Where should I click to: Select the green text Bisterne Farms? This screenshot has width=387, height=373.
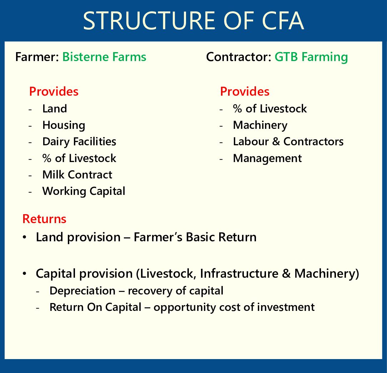click(104, 57)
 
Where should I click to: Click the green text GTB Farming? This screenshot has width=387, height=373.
click(311, 57)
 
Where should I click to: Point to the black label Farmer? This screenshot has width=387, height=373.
click(37, 57)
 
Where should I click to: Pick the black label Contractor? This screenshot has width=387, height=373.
click(239, 57)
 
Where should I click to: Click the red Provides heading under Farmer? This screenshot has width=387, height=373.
click(54, 91)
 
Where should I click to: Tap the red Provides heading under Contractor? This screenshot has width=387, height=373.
click(245, 91)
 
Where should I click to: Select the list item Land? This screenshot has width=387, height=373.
click(55, 109)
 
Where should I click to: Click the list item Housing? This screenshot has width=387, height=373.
click(64, 125)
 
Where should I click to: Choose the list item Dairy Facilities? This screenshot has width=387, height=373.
click(79, 142)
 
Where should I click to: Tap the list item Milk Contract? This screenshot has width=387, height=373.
click(77, 175)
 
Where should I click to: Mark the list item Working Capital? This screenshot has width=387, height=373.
click(84, 191)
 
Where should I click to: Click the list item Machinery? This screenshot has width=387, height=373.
click(260, 125)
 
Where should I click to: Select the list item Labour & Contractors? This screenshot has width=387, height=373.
click(288, 142)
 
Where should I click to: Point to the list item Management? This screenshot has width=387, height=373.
click(267, 158)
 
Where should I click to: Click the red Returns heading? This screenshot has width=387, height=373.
click(44, 219)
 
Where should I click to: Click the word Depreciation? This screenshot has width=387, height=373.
click(82, 291)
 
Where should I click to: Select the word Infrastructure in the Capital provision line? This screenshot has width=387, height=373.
click(239, 273)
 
